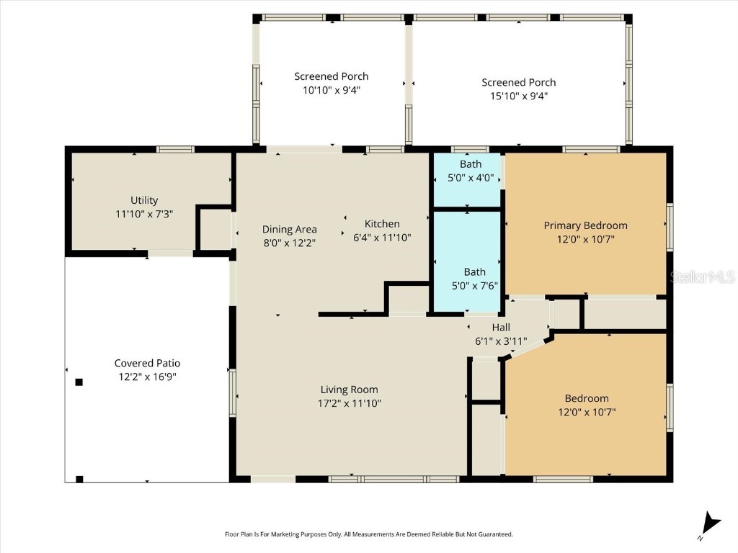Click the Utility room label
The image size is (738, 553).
coord(144,200)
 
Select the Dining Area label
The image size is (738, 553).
coord(289,230)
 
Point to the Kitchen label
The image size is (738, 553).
coord(382,224)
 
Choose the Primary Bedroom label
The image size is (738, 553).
coord(585,225)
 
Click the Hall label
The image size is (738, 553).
coord(501,328)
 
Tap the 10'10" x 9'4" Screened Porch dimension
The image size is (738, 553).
coord(332,90)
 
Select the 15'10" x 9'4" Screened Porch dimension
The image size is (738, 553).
coord(519,96)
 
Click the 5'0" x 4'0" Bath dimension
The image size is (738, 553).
coord(471,178)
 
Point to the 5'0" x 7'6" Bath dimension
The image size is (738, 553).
coord(474,285)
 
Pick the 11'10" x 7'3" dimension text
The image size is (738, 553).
coord(144,214)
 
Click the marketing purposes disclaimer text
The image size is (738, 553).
coord(369,534)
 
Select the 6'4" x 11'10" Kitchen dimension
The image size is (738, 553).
coord(382,237)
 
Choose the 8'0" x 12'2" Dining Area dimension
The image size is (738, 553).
coord(289,243)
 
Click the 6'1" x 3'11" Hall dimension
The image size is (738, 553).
coord(501,341)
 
